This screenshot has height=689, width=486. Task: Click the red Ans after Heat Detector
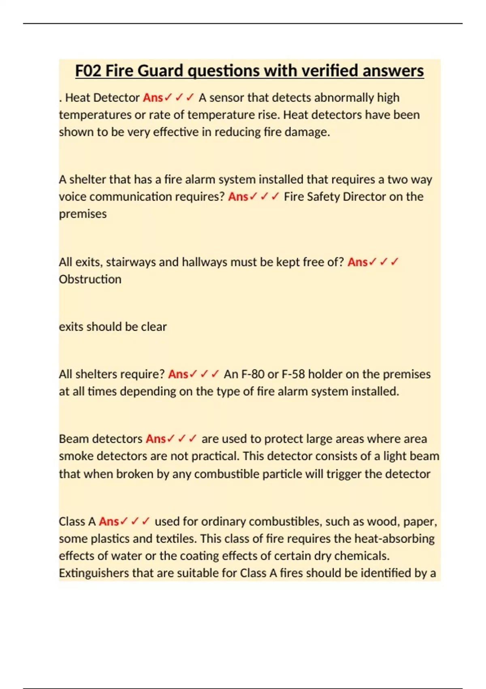tap(153, 98)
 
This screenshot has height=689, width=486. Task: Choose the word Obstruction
tap(90, 279)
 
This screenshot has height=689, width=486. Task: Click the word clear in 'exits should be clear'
tap(153, 327)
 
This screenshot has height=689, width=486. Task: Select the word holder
tap(325, 374)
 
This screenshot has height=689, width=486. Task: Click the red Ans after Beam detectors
tap(156, 439)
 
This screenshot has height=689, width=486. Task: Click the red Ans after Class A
tap(109, 521)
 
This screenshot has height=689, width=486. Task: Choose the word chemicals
tap(361, 556)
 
